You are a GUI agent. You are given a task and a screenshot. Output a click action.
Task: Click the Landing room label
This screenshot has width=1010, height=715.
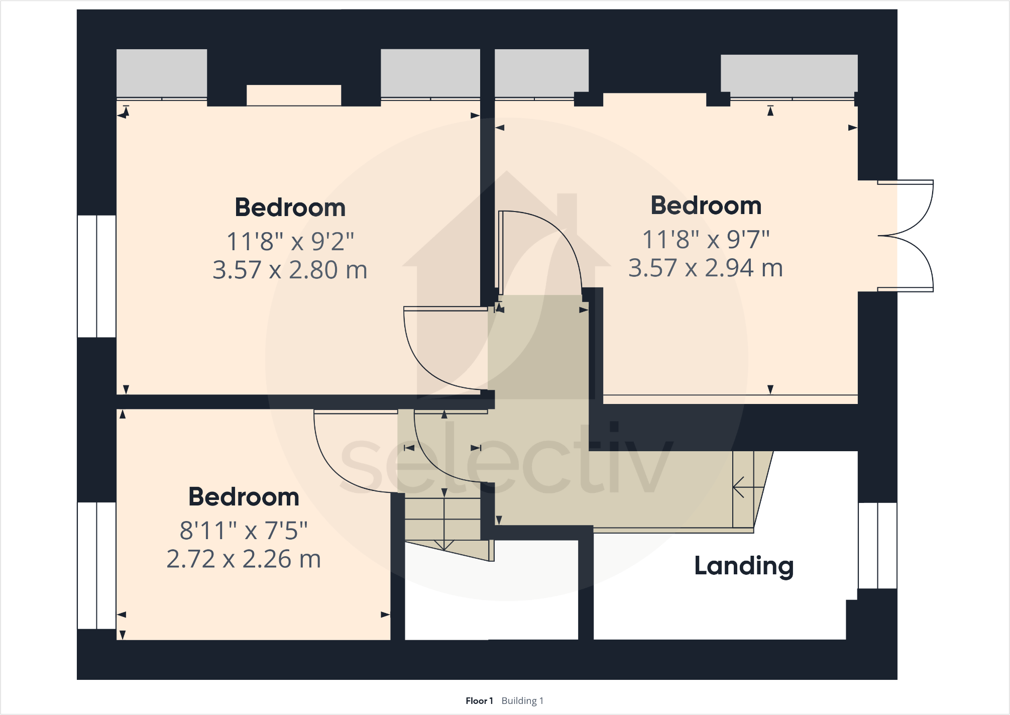point(744,566)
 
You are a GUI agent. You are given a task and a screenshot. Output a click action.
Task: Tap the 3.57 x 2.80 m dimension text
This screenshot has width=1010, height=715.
point(290,270)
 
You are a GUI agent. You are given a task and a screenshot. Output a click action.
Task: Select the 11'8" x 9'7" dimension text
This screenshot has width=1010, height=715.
point(706,239)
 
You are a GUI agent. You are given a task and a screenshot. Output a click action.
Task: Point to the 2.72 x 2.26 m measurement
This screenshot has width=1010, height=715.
point(244,559)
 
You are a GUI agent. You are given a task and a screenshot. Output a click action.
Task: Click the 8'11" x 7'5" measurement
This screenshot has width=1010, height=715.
point(244,530)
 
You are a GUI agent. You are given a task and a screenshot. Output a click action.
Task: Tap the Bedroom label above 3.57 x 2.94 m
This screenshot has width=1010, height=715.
point(706,206)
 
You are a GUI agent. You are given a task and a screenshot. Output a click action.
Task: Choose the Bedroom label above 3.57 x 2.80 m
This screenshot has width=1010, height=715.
point(290,208)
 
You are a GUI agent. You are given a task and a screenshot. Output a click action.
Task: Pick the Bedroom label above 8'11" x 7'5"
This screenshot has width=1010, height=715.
point(244,497)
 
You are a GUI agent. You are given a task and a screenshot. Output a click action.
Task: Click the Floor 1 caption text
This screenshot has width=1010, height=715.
point(479,700)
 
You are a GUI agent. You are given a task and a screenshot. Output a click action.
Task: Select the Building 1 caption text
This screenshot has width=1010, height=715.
point(522,700)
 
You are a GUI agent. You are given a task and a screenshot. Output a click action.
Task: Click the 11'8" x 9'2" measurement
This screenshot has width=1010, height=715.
point(290,241)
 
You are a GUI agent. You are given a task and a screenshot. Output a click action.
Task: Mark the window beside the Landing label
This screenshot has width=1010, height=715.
point(877,545)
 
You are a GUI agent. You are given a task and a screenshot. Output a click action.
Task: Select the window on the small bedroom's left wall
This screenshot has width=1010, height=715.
point(96,565)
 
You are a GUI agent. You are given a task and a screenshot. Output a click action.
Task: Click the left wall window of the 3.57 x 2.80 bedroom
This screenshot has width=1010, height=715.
point(96,276)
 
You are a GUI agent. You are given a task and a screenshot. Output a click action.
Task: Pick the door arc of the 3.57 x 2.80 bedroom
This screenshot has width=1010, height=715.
point(427,362)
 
